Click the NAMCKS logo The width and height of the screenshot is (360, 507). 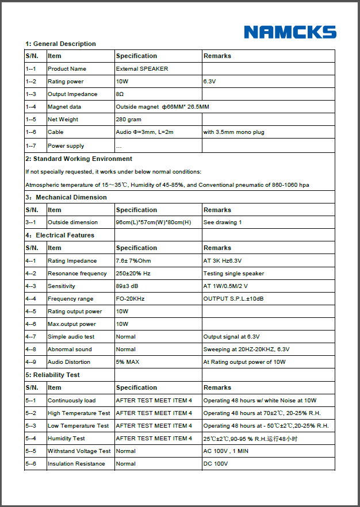point(290,32)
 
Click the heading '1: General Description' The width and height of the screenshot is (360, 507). point(60,44)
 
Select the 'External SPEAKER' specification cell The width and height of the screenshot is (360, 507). point(142,69)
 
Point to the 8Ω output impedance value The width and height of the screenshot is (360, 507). point(120,94)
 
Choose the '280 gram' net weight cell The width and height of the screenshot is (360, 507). point(129,120)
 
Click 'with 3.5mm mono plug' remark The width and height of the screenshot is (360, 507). point(233,132)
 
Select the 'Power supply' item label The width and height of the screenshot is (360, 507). point(66,146)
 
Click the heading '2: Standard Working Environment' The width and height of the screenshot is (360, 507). point(79,159)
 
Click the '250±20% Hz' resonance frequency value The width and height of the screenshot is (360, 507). point(133,274)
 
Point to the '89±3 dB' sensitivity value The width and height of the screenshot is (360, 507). point(128,286)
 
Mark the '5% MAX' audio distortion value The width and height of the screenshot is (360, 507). point(128,362)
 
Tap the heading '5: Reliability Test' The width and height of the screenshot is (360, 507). point(52,375)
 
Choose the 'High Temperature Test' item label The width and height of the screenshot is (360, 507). point(79,413)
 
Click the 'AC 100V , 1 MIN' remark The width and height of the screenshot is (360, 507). point(226,451)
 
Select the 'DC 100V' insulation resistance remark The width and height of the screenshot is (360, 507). point(216,464)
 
